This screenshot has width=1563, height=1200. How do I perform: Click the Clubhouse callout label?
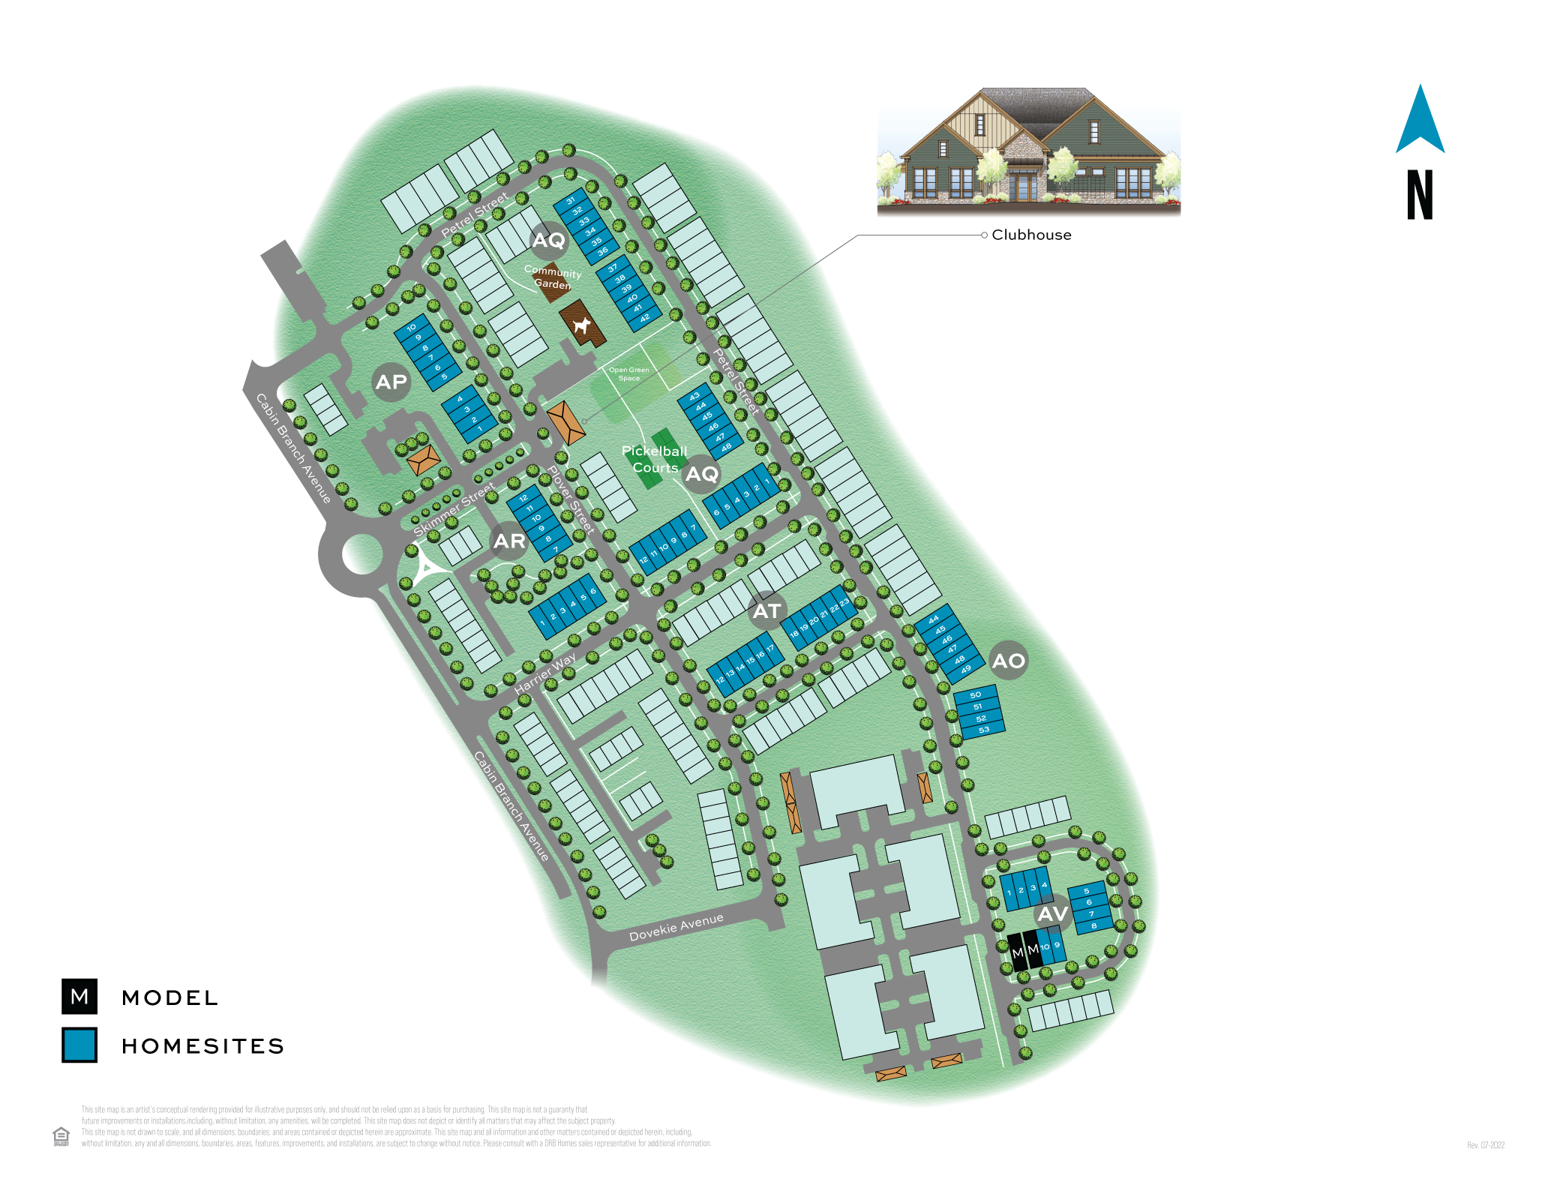(x=1031, y=235)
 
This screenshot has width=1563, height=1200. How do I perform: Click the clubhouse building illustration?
(x=1028, y=151)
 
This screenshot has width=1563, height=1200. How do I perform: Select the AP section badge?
(x=391, y=382)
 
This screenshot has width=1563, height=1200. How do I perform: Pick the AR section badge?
(x=509, y=541)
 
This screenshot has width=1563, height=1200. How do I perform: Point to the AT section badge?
(x=766, y=611)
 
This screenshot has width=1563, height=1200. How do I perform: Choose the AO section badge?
(x=1008, y=661)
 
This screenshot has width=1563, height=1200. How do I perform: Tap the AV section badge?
(x=1052, y=913)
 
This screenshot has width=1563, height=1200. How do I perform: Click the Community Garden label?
(x=553, y=277)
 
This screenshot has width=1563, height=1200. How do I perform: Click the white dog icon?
(x=581, y=325)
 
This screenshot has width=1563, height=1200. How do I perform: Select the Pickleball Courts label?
(x=654, y=459)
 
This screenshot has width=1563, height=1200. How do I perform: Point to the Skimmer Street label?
(x=454, y=509)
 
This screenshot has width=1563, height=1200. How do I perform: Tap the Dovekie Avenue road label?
(x=676, y=928)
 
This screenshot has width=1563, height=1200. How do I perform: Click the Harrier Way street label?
(x=545, y=673)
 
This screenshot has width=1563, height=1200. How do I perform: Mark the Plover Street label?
(x=571, y=499)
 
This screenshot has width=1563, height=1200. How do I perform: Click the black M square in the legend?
(x=79, y=996)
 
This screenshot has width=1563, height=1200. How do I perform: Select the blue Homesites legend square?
(x=79, y=1045)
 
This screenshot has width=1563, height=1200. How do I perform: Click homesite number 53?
(x=984, y=729)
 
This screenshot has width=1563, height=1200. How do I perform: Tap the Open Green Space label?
(x=628, y=373)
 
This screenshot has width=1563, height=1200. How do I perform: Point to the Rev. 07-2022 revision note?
(x=1485, y=1145)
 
